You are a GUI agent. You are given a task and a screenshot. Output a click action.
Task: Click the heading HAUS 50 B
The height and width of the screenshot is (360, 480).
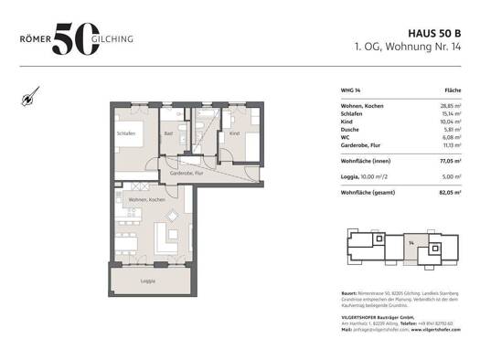pyautogui.click(x=431, y=29)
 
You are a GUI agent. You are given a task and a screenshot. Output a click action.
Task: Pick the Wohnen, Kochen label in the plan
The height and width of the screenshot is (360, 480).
pyautogui.click(x=146, y=199)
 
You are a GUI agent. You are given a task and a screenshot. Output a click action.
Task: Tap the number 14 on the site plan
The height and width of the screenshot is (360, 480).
pyautogui.click(x=411, y=241)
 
